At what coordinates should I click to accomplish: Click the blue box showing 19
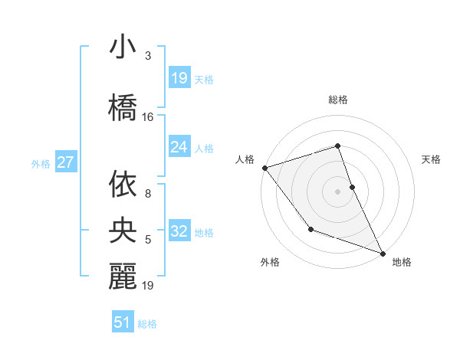pos(179,77)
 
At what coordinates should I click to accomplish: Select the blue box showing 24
pos(179,146)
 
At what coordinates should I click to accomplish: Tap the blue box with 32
pos(179,231)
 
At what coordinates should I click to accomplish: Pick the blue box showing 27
pos(65,162)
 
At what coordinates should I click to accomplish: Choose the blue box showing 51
pos(123,322)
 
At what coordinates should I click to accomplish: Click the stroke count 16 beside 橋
pos(148,117)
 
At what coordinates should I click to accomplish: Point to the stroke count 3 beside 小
pos(148,56)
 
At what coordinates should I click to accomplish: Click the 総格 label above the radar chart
pos(338,100)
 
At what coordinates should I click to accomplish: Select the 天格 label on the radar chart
pos(431,159)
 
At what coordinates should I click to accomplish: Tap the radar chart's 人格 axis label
pos(245,159)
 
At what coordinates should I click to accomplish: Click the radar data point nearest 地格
pos(383,253)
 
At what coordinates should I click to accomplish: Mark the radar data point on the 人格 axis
pos(264,167)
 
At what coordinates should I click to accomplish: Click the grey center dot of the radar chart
pos(338,191)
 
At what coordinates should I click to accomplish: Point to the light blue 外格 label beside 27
pos(41,163)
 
